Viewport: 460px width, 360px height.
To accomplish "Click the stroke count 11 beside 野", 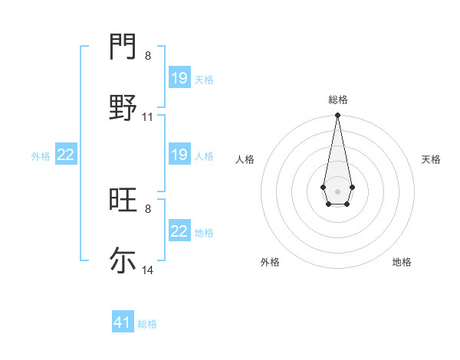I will point(148,117).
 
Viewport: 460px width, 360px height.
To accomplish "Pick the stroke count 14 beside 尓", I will point(148,270).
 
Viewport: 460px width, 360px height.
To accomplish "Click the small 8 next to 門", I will point(148,56).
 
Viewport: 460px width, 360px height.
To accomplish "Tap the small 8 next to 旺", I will point(148,208).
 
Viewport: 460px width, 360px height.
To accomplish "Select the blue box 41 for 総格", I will point(123,322).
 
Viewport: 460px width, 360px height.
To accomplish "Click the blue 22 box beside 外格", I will point(66,155).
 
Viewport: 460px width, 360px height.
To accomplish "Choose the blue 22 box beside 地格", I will point(179,231).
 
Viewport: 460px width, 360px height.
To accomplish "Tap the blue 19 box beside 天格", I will point(179,78).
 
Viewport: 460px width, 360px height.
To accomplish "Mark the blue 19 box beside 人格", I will point(179,155).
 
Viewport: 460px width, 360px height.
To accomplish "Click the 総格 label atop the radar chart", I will point(338,100).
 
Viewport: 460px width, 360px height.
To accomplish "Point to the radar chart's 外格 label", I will point(270,262).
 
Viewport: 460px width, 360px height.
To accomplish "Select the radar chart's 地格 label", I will point(402,262).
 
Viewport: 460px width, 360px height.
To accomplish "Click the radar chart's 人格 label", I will point(245,159).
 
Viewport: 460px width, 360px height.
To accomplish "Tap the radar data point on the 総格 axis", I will point(337,116).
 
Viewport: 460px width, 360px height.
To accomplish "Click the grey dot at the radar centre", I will point(337,190).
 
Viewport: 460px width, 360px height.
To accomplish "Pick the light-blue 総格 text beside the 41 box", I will point(147,324).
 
